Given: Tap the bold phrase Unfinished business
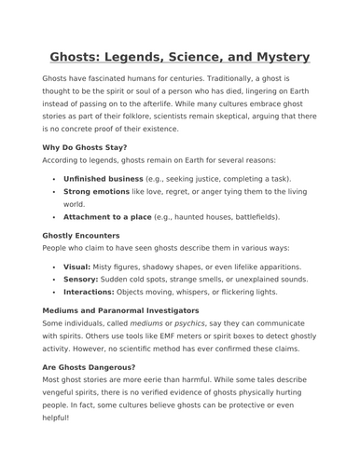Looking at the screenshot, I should tap(103, 177).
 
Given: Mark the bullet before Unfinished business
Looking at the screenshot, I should tap(54, 177).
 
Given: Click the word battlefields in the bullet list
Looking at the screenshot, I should tap(250, 216).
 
